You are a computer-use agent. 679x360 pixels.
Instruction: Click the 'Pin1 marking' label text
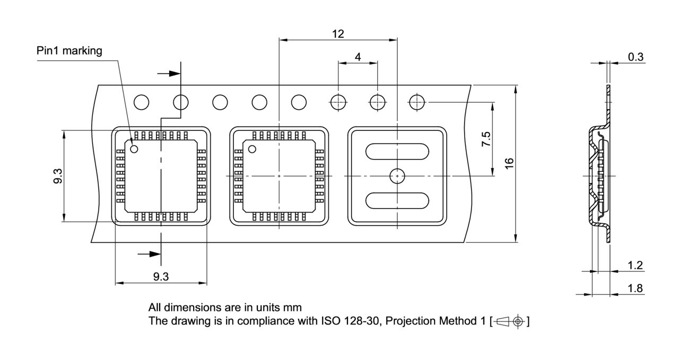coord(69,51)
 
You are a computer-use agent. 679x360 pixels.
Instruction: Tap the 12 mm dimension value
coord(338,34)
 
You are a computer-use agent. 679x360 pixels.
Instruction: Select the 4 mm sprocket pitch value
coord(358,57)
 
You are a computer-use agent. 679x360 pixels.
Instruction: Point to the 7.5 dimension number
coord(486,139)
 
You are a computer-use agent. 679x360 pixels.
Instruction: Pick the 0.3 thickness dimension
coord(636,57)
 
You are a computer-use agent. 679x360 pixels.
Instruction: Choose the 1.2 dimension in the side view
coord(635,265)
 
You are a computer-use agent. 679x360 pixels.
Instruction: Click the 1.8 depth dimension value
coord(635,288)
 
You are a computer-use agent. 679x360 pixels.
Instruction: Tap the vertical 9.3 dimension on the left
coord(58,176)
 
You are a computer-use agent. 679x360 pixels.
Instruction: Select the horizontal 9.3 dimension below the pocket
coord(161,276)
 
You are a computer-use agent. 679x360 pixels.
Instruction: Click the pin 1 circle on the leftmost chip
coord(134,149)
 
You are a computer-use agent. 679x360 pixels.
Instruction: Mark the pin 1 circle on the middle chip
coord(252,149)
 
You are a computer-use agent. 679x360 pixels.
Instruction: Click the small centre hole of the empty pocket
coord(397,175)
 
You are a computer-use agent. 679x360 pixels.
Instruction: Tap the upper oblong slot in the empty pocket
coord(397,151)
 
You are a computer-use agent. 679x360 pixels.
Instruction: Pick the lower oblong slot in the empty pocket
coord(397,200)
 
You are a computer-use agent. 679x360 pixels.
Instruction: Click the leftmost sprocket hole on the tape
coord(142,102)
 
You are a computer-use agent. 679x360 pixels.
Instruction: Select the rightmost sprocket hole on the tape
coord(417,102)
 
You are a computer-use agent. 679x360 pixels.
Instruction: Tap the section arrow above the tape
coord(172,73)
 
